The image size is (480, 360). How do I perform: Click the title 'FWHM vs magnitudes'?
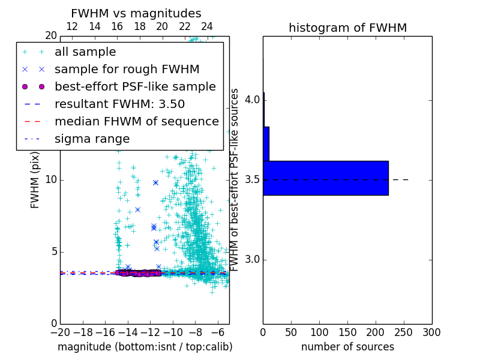tap(136, 14)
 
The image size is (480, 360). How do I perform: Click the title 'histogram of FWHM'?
tap(347, 28)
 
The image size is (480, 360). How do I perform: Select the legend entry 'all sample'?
tap(85, 52)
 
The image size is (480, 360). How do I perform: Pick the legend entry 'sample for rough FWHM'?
tap(127, 70)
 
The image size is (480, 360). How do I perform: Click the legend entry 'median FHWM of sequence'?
tap(136, 121)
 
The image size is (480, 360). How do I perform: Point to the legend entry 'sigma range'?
tap(92, 139)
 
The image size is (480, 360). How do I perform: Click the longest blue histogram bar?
tap(325, 178)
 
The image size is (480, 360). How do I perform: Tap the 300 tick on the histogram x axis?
tap(431, 332)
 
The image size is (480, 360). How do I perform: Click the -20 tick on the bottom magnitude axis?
tap(60, 332)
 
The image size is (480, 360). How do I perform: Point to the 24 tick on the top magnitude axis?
tap(206, 26)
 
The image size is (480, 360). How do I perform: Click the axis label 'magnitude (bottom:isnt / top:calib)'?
tap(145, 347)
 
